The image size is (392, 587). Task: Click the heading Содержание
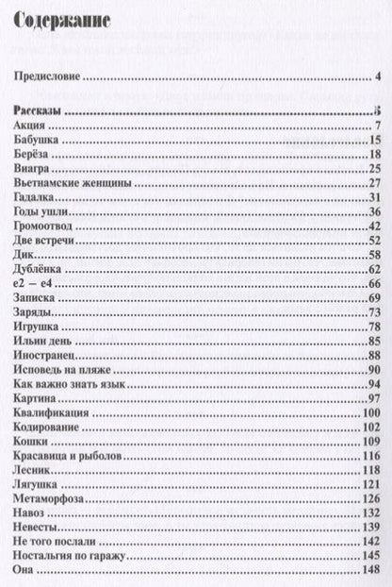coord(57,20)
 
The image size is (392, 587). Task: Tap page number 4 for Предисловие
coord(376,77)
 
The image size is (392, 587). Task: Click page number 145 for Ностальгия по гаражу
coord(370,557)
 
